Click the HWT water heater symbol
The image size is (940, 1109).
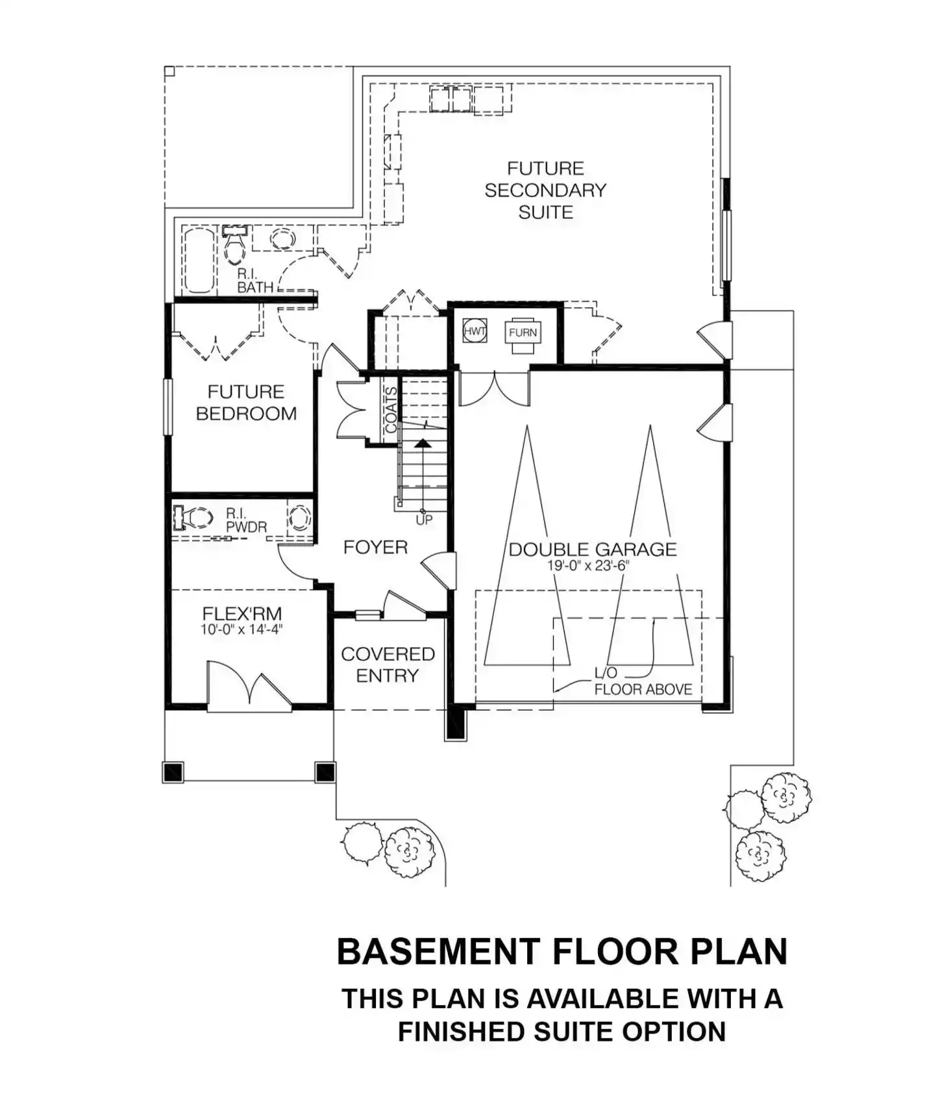coord(475,331)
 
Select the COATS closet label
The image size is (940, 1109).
coord(391,409)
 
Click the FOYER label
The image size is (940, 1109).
coord(375,547)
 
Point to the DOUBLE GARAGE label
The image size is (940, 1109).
coord(592,550)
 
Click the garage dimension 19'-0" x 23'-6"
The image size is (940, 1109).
coord(588,566)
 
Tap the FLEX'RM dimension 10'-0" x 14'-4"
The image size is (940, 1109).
coord(241,629)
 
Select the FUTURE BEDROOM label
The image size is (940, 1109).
coord(246,402)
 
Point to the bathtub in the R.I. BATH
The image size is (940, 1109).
coord(199,260)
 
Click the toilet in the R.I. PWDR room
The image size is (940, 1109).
coord(193,518)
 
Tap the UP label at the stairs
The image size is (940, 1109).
coord(424,520)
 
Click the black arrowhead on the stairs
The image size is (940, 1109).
coord(423,443)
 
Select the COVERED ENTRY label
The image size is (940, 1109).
coord(388,665)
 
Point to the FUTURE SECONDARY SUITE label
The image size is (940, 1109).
coord(545,190)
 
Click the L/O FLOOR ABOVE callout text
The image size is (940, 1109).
coord(643,682)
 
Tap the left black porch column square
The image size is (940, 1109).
coord(173,772)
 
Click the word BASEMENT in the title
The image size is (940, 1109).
coord(439,952)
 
